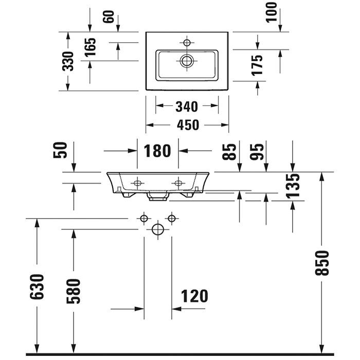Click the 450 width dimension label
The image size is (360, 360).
pos(187,125)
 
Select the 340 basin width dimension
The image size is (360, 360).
pos(187,106)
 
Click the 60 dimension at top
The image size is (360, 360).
pos(108,16)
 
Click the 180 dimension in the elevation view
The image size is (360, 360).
pos(157,151)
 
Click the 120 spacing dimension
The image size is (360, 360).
pos(194,296)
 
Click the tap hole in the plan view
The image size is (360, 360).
pos(187,41)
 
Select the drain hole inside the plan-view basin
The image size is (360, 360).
pos(186,61)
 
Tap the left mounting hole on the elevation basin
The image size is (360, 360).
pos(138,183)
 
